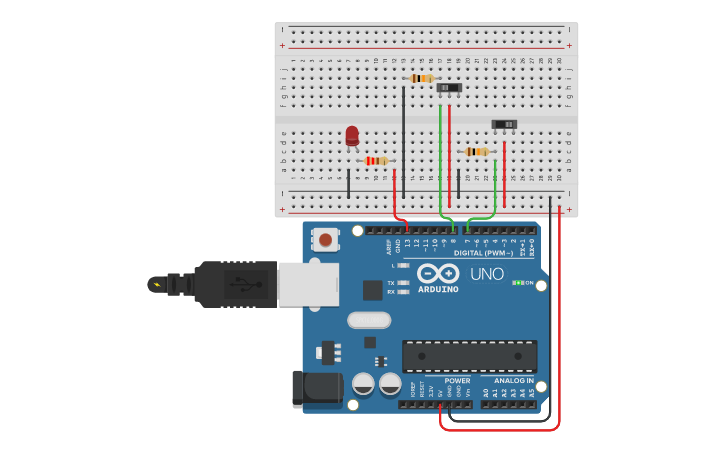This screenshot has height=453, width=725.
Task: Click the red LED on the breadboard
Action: click(352, 135)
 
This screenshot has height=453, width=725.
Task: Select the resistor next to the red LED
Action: click(376, 160)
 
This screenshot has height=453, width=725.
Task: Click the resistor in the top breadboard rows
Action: click(422, 78)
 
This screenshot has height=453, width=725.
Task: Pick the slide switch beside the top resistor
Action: click(449, 88)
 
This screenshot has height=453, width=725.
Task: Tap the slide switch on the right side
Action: click(504, 124)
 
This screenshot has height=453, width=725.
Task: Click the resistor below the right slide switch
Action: click(477, 151)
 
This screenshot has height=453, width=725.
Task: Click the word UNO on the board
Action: click(487, 274)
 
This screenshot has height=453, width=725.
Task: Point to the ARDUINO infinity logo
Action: click(437, 273)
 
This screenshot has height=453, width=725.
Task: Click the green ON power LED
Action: click(518, 283)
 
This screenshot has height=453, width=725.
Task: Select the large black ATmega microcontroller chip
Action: click(469, 356)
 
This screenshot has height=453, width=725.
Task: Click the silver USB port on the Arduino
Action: click(308, 284)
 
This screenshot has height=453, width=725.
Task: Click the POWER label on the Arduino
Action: click(457, 381)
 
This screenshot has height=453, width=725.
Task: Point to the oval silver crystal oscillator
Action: click(369, 320)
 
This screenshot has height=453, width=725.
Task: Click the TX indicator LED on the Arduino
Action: click(402, 283)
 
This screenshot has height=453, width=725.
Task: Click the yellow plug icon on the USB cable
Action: click(155, 284)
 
